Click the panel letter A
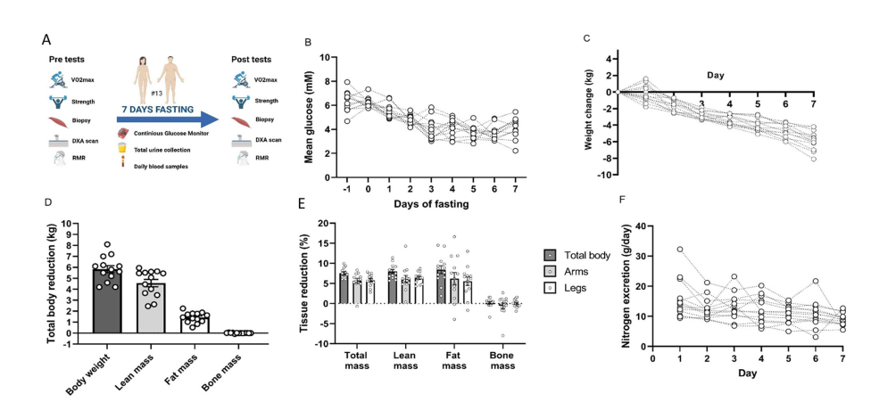(46, 40)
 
